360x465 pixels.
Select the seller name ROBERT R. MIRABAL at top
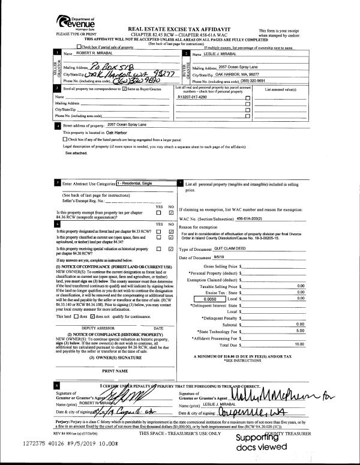tap(91, 53)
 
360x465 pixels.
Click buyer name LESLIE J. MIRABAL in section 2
tap(234, 53)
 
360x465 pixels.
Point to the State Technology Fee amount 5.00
tap(300, 331)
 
